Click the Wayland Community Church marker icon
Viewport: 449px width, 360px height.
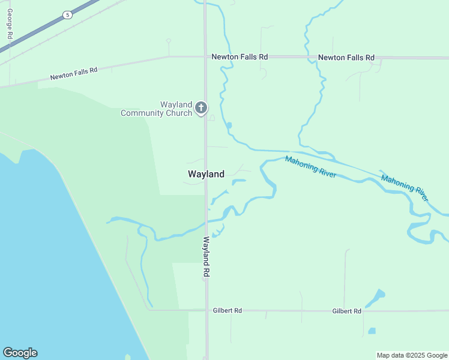point(201,108)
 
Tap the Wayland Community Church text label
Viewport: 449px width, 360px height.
point(157,108)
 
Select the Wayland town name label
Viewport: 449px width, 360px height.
point(206,174)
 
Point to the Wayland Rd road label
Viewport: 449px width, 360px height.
point(206,256)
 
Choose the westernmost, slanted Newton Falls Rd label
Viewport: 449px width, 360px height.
point(74,74)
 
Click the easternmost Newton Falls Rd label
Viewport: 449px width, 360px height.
point(346,58)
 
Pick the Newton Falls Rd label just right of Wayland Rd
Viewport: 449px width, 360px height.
point(240,57)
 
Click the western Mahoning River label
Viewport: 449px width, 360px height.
point(310,167)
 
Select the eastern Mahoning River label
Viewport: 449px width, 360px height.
point(405,187)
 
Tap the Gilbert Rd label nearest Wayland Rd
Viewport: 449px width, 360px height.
point(228,311)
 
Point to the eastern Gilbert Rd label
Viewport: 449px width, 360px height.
point(347,311)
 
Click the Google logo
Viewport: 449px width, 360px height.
point(20,353)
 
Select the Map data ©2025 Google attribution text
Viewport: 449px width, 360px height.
point(412,355)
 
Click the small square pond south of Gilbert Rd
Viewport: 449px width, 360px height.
point(372,331)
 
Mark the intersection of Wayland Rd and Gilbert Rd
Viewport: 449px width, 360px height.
point(206,310)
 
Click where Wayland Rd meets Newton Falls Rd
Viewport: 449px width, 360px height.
point(205,57)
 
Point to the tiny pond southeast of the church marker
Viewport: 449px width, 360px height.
point(229,125)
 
